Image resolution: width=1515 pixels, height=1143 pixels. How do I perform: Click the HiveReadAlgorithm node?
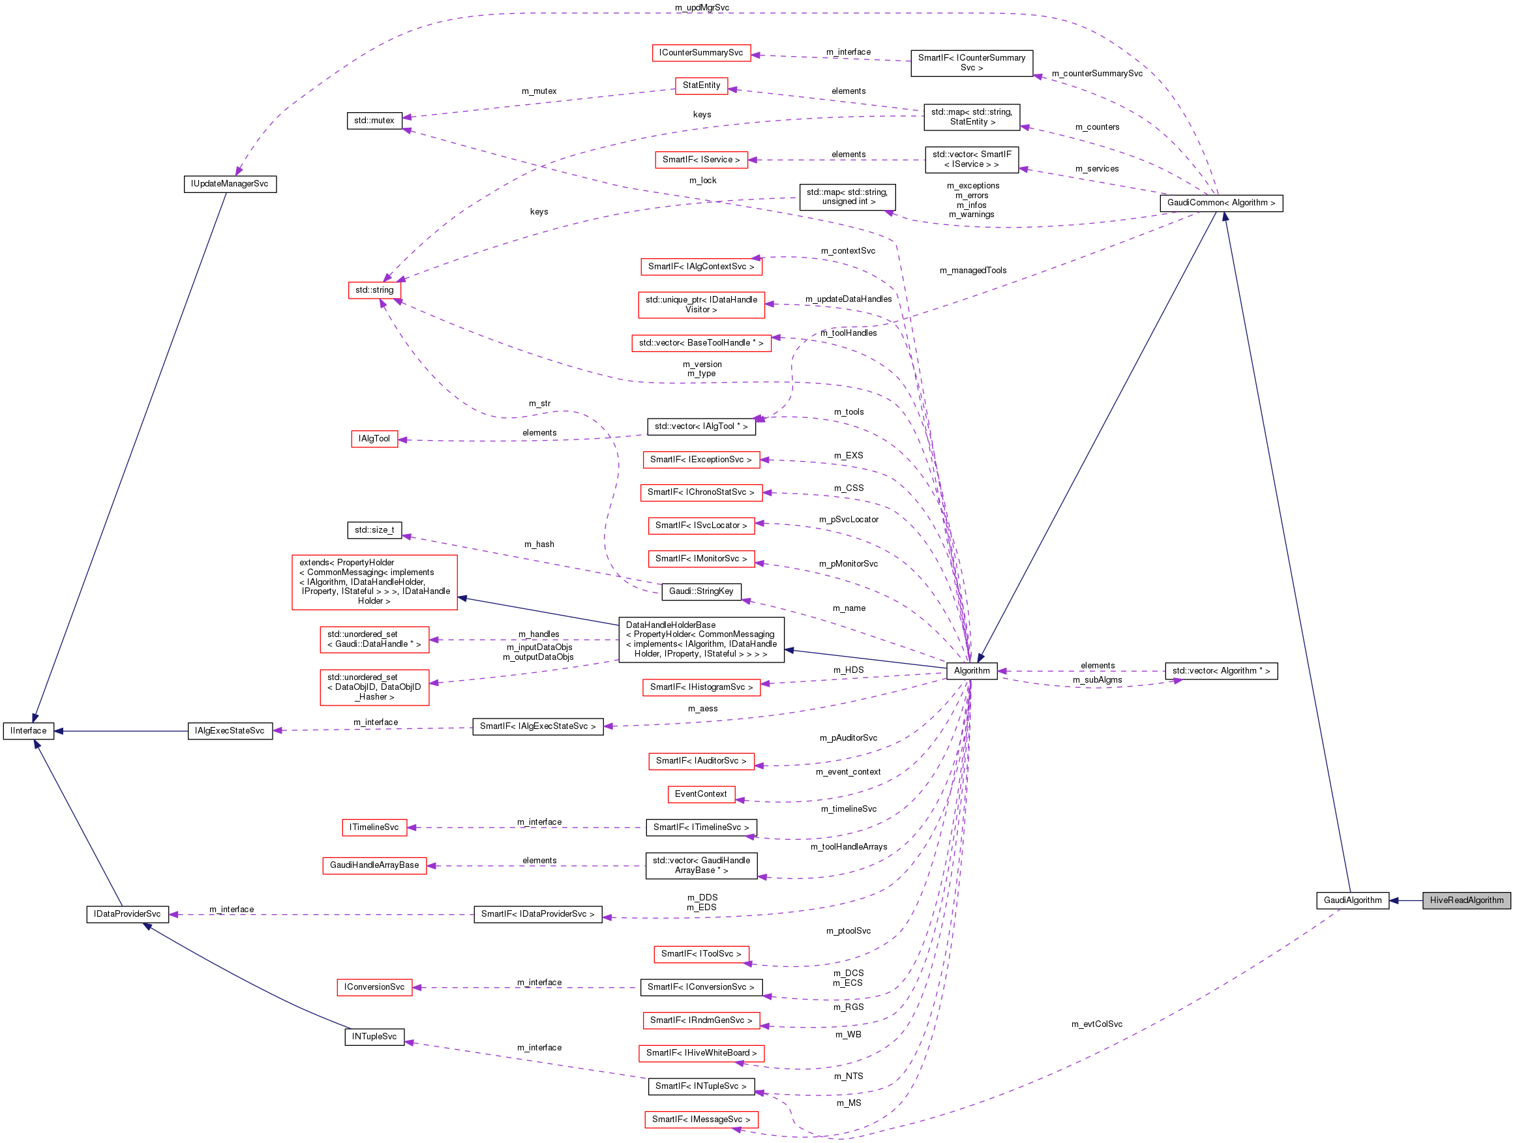point(1465,900)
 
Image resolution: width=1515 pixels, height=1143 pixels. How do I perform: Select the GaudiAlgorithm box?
point(1352,900)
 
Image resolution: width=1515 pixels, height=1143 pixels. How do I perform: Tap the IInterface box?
point(28,731)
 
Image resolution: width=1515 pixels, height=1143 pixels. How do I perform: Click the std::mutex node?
point(374,121)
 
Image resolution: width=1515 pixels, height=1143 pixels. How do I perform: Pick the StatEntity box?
point(700,85)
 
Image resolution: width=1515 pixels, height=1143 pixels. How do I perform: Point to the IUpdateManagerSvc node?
point(230,185)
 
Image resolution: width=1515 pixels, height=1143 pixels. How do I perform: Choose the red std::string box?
point(374,290)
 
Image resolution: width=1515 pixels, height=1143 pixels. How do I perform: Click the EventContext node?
point(700,794)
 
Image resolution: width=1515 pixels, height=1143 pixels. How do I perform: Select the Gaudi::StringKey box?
point(700,591)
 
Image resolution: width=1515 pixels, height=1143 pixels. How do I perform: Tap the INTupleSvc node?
point(374,1037)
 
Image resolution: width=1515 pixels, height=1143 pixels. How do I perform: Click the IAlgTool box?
point(374,438)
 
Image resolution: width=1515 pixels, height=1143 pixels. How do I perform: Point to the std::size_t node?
point(374,530)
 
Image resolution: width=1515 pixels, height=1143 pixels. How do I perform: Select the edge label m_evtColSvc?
point(1096,1024)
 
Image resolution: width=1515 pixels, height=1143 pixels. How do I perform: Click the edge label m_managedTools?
point(972,271)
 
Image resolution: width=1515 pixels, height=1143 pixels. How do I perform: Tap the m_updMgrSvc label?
point(701,8)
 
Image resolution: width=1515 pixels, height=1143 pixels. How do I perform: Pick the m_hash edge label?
point(539,544)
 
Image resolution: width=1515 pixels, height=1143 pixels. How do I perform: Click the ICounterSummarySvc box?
point(700,53)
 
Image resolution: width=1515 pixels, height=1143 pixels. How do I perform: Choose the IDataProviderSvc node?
point(127,914)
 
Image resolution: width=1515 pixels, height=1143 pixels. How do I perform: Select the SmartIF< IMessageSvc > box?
point(700,1120)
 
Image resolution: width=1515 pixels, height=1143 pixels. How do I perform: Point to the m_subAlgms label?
point(1097,680)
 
